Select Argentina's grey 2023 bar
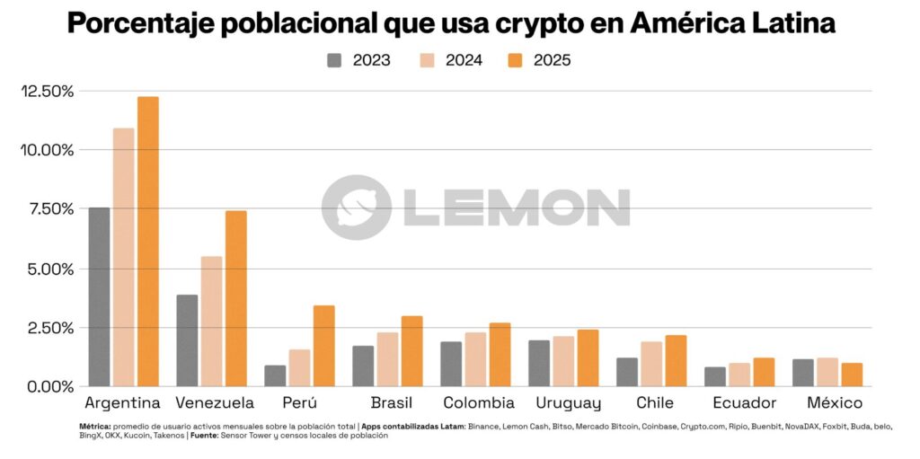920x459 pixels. (x=99, y=296)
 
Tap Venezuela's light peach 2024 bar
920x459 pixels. (x=212, y=321)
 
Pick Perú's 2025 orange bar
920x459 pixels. (x=323, y=346)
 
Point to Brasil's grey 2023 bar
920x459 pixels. (x=363, y=366)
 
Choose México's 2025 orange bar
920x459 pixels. (x=852, y=375)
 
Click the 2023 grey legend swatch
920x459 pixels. (x=335, y=60)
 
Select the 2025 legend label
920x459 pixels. (x=552, y=60)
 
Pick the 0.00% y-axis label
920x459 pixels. (x=49, y=386)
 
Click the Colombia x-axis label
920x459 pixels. (x=477, y=402)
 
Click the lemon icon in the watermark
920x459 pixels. (x=357, y=207)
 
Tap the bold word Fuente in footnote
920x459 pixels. (x=208, y=436)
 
